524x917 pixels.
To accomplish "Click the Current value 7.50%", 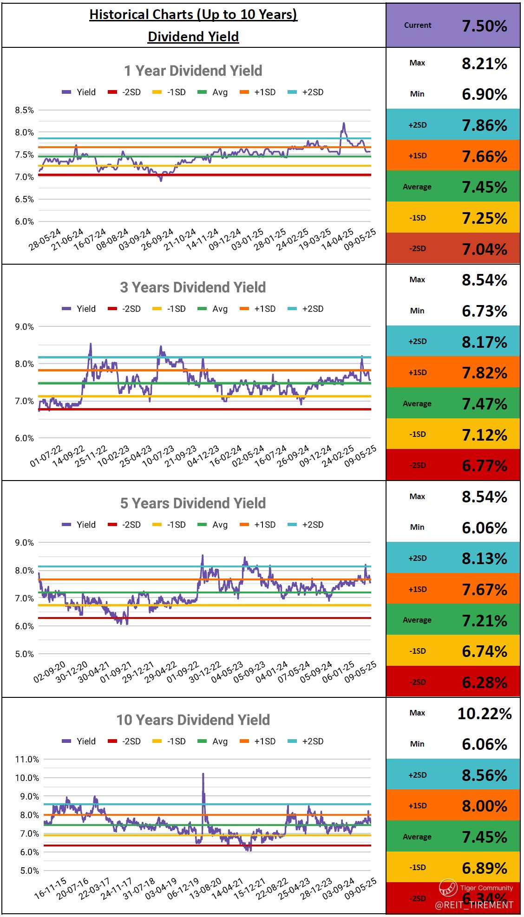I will [484, 26].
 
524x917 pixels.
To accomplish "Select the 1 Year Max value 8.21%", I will [484, 64].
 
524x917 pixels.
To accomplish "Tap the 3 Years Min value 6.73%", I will [484, 311].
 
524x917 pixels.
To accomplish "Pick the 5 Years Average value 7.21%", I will [484, 620].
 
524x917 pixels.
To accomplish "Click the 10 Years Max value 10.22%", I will [484, 713].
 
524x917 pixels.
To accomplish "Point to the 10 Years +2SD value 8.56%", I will [484, 775].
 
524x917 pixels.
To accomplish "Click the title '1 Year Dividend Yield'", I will [193, 71].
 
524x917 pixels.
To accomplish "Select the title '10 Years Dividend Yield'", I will [193, 720].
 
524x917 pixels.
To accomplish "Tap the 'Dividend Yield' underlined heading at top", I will [193, 37].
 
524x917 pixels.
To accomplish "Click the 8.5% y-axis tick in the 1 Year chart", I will [25, 110].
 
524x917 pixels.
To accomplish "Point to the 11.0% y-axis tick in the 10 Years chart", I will [27, 759].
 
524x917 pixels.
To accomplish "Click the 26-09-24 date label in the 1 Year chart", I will [157, 240].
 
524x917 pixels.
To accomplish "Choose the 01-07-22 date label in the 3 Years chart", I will [46, 456].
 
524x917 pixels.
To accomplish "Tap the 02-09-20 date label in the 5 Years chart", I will [49, 672].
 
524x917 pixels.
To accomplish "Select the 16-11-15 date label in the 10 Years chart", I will [50, 889].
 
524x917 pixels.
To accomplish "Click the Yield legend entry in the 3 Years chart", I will [79, 309].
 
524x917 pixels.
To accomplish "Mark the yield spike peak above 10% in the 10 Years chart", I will [203, 774].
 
